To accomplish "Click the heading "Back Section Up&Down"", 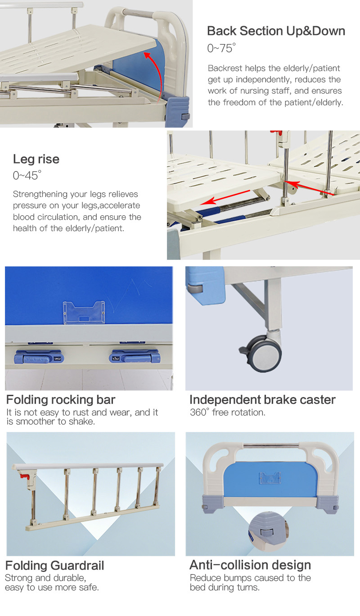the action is click(276, 31).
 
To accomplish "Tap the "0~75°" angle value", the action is click(221, 48).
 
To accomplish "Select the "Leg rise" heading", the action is click(36, 159).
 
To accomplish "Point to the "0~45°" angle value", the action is click(27, 175).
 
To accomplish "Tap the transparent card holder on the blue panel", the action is click(84, 312).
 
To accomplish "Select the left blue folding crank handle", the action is click(39, 357).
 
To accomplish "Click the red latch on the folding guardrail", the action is click(24, 476).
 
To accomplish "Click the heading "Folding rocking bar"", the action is click(61, 400).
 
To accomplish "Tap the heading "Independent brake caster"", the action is click(262, 400).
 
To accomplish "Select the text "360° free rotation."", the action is click(228, 412).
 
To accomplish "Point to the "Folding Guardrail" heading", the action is click(54, 565).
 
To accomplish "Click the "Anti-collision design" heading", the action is click(250, 565).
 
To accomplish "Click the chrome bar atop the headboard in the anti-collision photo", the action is click(271, 446).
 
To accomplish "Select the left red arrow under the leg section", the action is click(225, 197).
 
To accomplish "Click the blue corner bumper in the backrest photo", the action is click(177, 111).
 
